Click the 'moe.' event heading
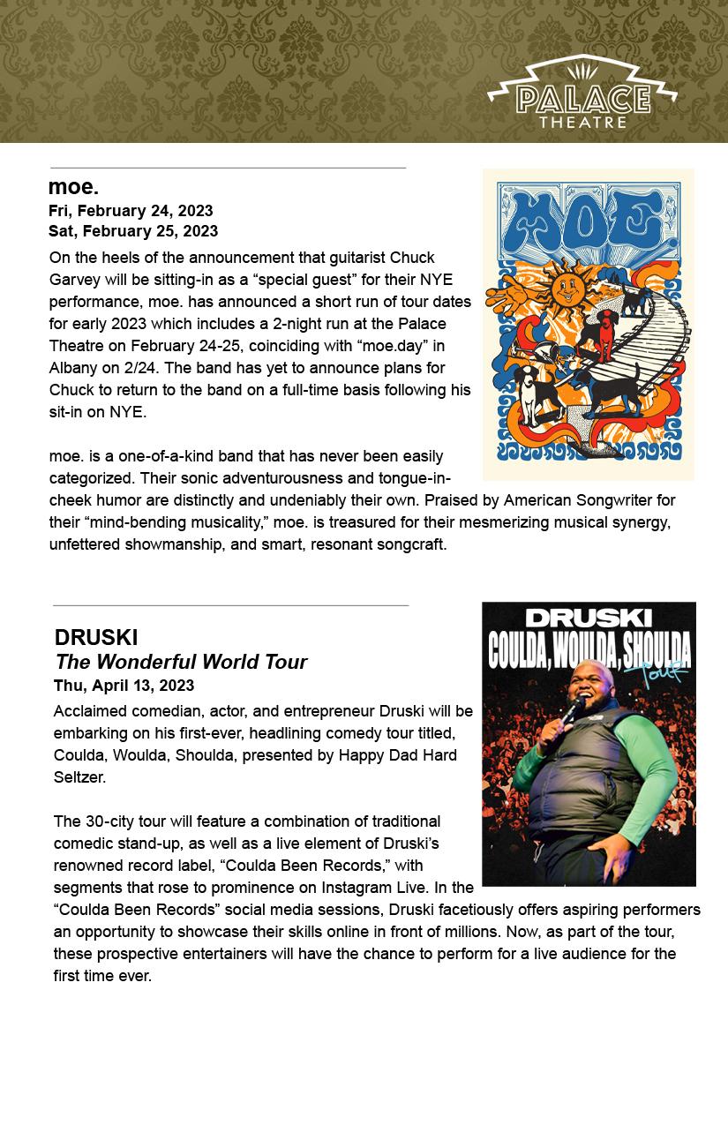click(73, 187)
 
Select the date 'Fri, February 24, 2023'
click(131, 211)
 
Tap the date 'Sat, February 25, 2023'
click(133, 231)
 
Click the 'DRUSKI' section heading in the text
click(96, 637)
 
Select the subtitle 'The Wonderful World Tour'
click(181, 662)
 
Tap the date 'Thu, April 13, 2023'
click(124, 686)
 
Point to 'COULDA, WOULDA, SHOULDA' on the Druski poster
click(589, 653)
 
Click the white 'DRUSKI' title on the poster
click(589, 619)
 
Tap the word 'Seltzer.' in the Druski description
click(79, 777)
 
